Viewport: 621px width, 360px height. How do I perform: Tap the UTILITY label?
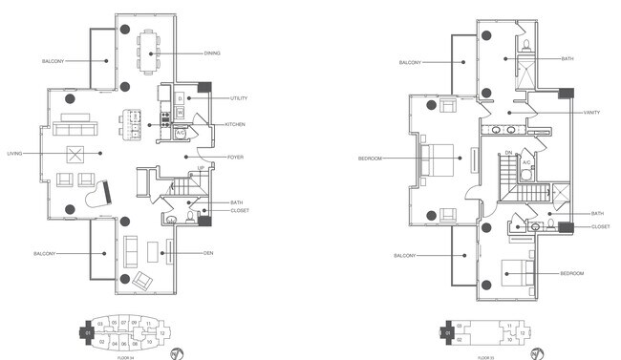point(239,98)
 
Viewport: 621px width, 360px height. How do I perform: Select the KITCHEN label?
point(237,124)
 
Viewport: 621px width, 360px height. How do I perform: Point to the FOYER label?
point(235,158)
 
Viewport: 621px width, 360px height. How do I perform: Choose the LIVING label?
point(15,154)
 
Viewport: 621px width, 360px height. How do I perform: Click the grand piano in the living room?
point(100,194)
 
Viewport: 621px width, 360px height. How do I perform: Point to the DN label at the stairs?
point(508,153)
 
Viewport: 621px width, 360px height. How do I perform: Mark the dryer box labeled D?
point(180,99)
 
